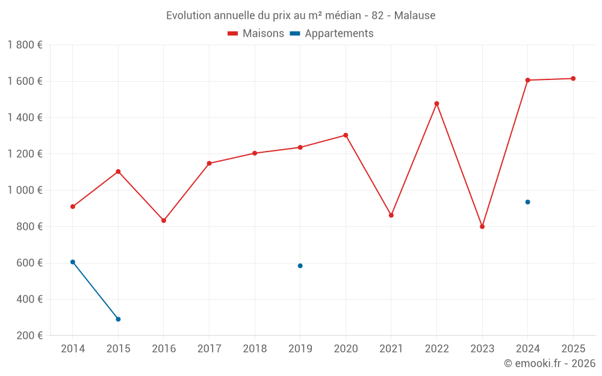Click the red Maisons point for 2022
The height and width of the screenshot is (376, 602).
[x=436, y=103]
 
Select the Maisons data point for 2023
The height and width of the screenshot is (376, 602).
[x=482, y=227]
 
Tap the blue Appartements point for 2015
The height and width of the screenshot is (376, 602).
[x=118, y=319]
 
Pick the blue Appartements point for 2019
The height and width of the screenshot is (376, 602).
[x=300, y=266]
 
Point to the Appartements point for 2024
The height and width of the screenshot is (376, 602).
[x=527, y=202]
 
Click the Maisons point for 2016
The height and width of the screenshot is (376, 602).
[x=164, y=221]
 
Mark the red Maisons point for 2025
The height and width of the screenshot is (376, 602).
[x=573, y=79]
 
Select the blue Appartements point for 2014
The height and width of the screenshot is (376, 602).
[x=73, y=262]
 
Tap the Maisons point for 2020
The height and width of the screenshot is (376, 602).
[x=346, y=135]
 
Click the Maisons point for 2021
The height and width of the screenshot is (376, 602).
[x=391, y=215]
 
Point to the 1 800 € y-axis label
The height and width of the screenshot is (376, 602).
[x=25, y=45]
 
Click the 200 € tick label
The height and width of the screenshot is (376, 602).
[x=29, y=336]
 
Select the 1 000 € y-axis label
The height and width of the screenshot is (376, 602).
[x=25, y=190]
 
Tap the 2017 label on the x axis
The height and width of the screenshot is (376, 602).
[x=209, y=349]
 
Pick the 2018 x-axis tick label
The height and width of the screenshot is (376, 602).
[x=255, y=349]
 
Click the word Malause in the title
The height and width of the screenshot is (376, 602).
[x=415, y=15]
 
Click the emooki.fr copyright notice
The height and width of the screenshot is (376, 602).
[x=550, y=363]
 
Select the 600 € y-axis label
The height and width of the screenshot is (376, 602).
[x=29, y=263]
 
